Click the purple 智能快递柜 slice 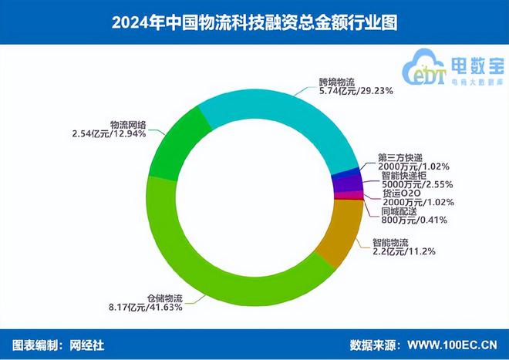(346, 183)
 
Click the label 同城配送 (400, 210)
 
